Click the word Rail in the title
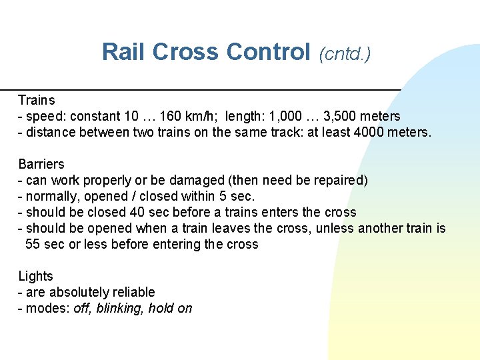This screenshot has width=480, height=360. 124,52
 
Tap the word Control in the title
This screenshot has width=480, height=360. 269,52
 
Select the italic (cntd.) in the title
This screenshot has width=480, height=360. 345,53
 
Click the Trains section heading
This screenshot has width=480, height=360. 37,100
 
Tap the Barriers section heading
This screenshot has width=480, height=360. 41,164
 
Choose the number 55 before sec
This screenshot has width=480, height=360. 33,244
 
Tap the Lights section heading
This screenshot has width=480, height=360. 35,276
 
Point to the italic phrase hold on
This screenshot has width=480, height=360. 170,308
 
